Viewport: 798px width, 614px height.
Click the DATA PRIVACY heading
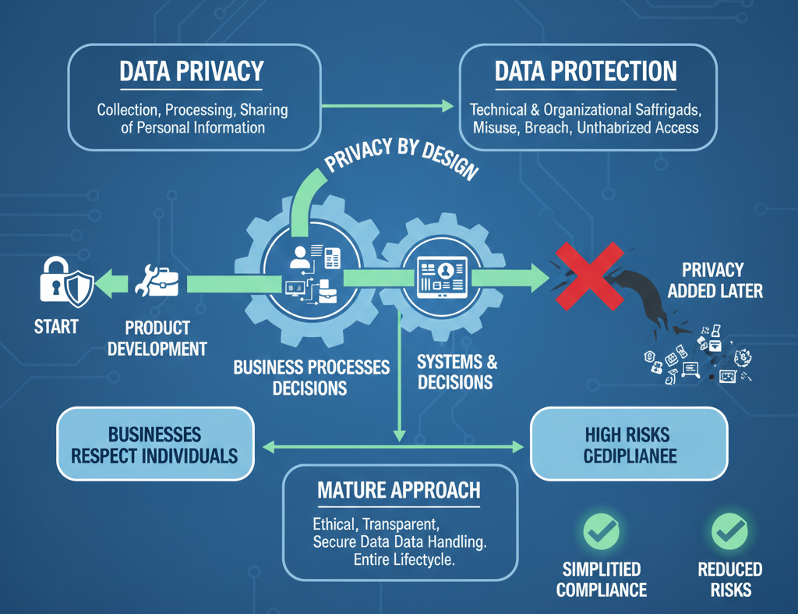191,72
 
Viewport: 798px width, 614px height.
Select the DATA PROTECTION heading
586,72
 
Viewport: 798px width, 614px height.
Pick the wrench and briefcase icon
157,282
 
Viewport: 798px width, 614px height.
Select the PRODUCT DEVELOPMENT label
157,338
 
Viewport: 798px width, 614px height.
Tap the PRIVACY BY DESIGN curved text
400,158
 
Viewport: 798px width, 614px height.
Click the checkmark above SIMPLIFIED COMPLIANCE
602,533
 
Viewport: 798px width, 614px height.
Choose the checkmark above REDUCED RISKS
730,533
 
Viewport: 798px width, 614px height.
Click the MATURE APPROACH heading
399,491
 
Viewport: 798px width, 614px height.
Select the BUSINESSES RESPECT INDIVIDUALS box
154,445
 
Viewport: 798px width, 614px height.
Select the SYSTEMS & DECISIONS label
456,372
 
